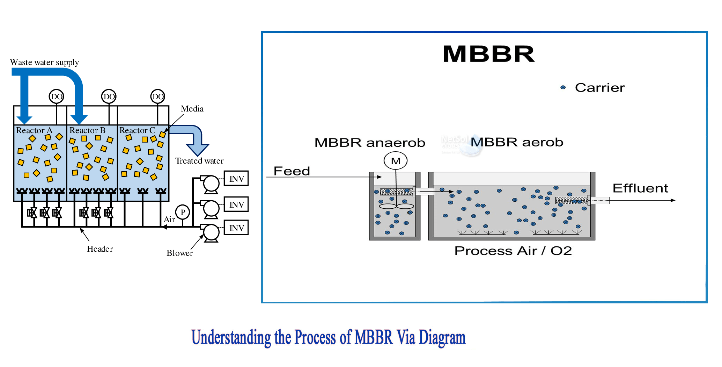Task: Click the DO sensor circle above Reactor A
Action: tap(57, 96)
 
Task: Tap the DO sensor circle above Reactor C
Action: tap(158, 96)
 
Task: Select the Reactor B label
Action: tap(87, 130)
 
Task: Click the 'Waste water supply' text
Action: tap(44, 62)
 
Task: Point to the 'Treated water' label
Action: tap(199, 161)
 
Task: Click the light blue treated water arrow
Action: tap(194, 138)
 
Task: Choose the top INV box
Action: tap(236, 179)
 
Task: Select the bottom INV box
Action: tap(236, 228)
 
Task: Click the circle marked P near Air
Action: tap(183, 212)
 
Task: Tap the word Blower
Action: tap(179, 253)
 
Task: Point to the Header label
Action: tap(100, 249)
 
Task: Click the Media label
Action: tap(192, 109)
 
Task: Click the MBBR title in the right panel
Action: tap(488, 54)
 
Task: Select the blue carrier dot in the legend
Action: tap(563, 87)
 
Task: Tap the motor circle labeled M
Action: tap(396, 161)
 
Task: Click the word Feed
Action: tap(292, 171)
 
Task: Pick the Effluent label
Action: tap(640, 188)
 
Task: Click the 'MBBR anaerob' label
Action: tap(370, 143)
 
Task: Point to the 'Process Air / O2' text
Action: tap(513, 251)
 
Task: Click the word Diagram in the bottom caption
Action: tap(442, 338)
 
